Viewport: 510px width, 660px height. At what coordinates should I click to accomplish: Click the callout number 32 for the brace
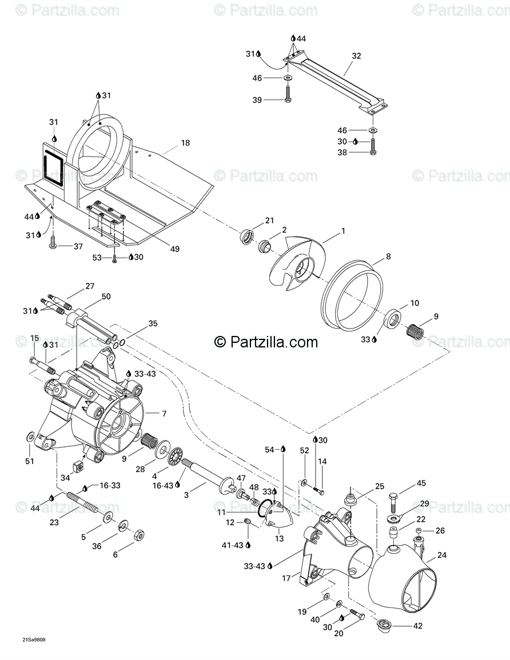point(356,56)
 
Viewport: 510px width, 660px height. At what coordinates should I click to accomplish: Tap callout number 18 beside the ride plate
point(185,143)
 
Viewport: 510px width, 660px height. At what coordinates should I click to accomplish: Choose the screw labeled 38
point(372,151)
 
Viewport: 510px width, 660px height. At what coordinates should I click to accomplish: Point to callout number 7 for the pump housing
point(164,413)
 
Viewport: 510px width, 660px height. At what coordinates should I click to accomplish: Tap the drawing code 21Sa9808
point(34,639)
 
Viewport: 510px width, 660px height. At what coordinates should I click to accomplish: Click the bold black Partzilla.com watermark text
point(266,342)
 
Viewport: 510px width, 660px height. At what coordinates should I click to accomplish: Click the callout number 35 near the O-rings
point(153,323)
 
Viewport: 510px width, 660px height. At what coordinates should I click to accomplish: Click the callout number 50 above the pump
point(106,296)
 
